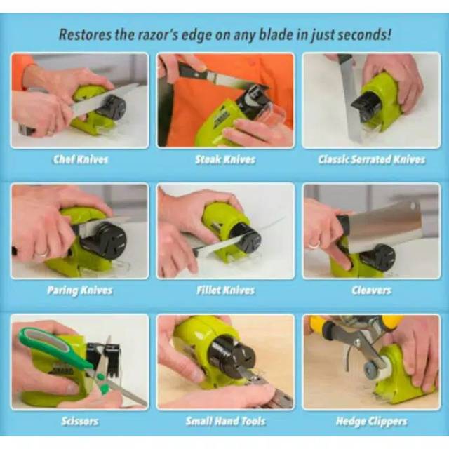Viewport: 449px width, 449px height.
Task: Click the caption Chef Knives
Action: pyautogui.click(x=81, y=159)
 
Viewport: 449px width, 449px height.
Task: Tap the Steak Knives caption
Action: pyautogui.click(x=225, y=159)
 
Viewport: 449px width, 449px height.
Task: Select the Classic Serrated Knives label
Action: pyautogui.click(x=371, y=159)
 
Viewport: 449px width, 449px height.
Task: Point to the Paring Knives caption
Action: pyautogui.click(x=79, y=290)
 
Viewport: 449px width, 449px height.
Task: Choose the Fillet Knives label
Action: pyautogui.click(x=225, y=290)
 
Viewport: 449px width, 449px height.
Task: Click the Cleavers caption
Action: pyautogui.click(x=372, y=290)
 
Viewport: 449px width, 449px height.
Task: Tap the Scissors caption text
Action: pyautogui.click(x=80, y=422)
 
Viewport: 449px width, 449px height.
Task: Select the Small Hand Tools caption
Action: pyautogui.click(x=225, y=422)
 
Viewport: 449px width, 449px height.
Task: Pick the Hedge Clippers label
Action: pyautogui.click(x=372, y=422)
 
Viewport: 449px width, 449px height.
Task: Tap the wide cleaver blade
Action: pyautogui.click(x=386, y=226)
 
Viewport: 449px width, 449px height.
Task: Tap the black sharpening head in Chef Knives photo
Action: pyautogui.click(x=112, y=107)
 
